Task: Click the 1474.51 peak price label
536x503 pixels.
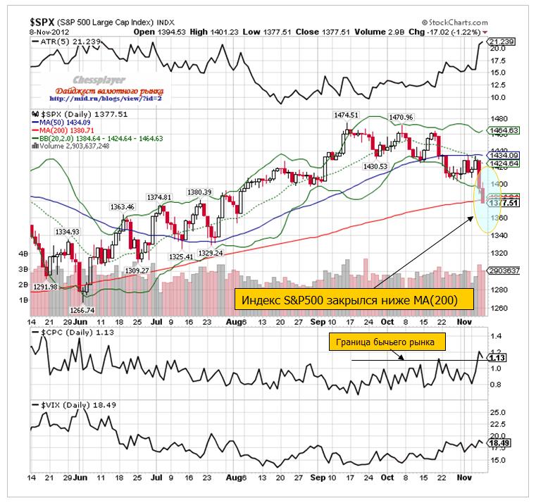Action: coord(347,114)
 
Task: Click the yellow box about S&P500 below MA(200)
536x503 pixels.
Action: coord(354,301)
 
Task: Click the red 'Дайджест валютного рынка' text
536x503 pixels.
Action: coord(113,91)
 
